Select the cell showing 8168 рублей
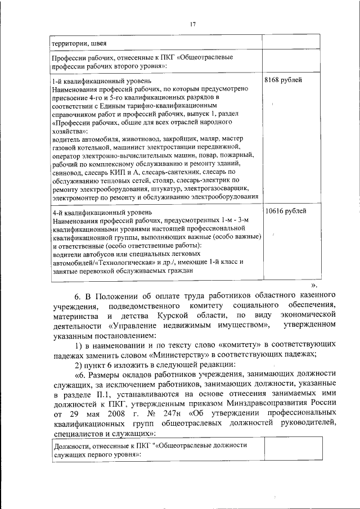pyautogui.click(x=283, y=80)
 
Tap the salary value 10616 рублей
pyautogui.click(x=285, y=211)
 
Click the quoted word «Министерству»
pyautogui.click(x=175, y=353)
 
